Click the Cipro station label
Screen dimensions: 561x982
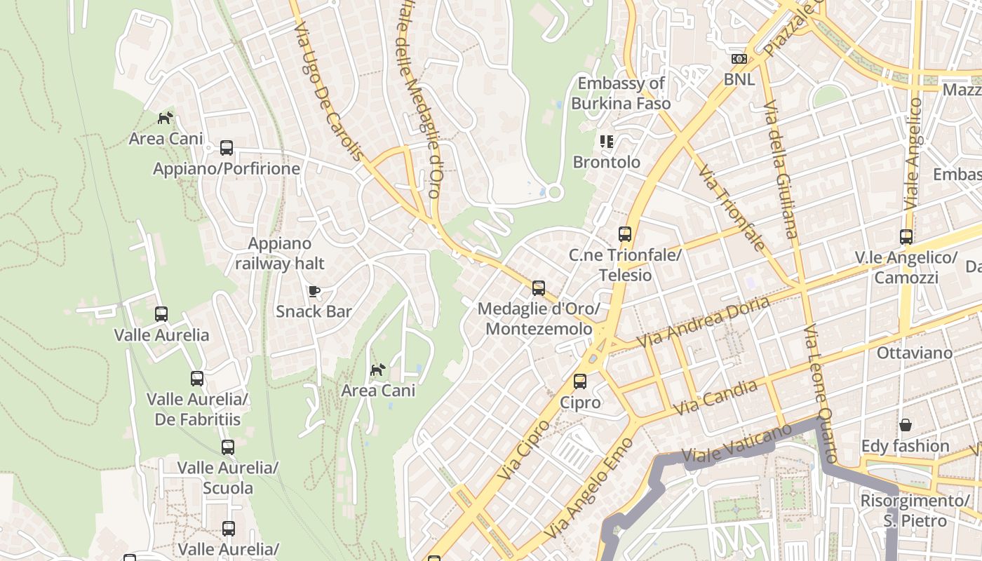point(580,403)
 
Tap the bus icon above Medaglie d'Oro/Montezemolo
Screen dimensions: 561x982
point(539,288)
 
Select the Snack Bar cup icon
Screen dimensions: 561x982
point(314,291)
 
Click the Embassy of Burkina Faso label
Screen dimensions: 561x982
point(621,93)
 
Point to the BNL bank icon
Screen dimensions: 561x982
point(739,59)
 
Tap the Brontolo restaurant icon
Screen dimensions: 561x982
point(607,142)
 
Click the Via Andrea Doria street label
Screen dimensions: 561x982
point(703,322)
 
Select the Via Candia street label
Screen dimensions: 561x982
point(715,398)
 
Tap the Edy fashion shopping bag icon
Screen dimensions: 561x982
point(906,425)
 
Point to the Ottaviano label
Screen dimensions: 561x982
point(915,353)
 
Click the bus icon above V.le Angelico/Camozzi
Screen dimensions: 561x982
point(906,237)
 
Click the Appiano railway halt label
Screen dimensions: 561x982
point(280,253)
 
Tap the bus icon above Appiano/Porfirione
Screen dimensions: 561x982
point(227,148)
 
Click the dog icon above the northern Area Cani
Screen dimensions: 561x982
point(166,118)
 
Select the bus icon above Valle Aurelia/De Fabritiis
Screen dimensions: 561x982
point(197,379)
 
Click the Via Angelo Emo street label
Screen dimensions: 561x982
point(588,488)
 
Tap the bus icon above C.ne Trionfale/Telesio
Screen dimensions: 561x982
point(625,234)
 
